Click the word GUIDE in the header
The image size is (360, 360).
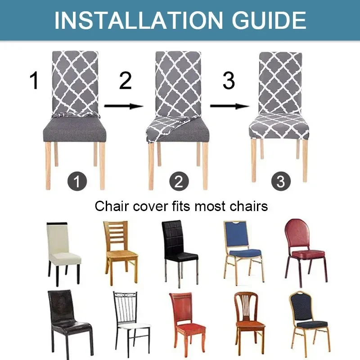point(265,20)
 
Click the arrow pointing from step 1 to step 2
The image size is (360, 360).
point(123,107)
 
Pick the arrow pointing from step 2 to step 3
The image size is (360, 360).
point(229,107)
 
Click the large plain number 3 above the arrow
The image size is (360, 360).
point(229,81)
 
